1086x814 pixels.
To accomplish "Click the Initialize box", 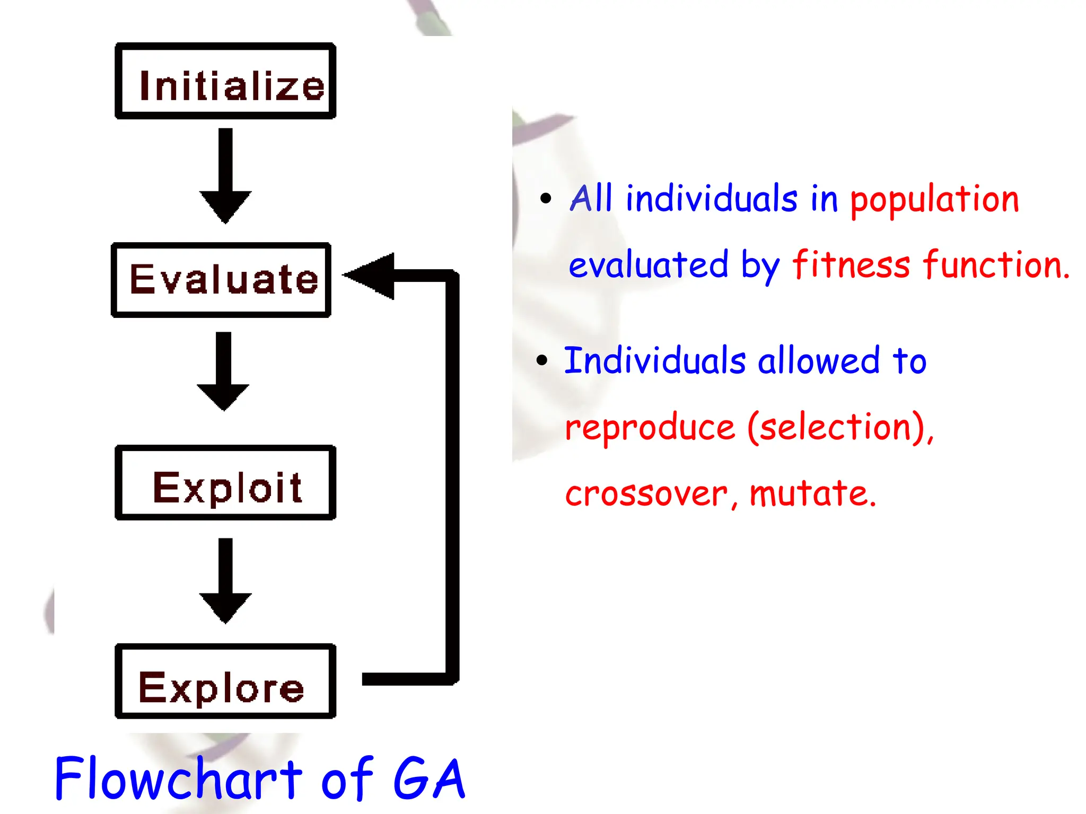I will pos(225,81).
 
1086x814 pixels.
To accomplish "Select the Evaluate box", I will pos(221,280).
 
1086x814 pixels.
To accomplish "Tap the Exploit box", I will pos(225,483).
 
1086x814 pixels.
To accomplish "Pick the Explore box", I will pos(225,682).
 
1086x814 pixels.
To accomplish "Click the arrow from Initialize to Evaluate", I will pos(225,175).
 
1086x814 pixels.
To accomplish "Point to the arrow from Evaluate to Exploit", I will pos(223,371).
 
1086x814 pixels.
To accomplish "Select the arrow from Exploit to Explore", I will pos(225,580).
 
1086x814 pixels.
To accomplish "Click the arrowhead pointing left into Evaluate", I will pos(371,276).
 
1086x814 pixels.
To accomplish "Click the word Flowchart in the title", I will pos(178,778).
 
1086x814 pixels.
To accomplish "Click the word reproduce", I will pos(650,428).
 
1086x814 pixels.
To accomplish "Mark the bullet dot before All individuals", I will pos(546,199).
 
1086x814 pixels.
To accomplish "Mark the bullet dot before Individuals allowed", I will pos(541,360).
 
